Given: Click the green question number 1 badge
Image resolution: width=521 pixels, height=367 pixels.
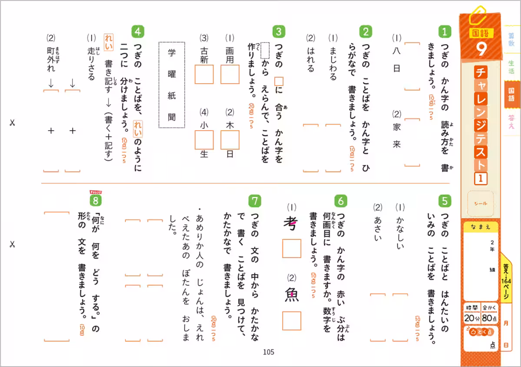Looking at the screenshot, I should tap(445, 31).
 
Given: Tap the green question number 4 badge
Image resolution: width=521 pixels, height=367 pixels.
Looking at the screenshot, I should tap(138, 31).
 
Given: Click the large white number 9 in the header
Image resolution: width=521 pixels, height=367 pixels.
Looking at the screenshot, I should tap(481, 49).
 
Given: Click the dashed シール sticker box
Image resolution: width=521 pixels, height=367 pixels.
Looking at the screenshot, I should tap(481, 203).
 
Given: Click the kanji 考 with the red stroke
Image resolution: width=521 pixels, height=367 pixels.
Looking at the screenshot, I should tap(290, 225).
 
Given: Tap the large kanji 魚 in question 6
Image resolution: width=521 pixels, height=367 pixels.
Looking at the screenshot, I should tap(291, 295).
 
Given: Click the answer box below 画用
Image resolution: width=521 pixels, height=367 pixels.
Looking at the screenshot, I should tap(230, 74).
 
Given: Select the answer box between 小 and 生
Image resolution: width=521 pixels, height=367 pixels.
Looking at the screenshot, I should tap(204, 139).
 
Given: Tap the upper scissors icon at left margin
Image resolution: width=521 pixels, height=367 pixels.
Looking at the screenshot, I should tap(12, 123).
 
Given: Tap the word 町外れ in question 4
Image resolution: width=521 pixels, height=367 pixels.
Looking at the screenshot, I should tap(51, 59).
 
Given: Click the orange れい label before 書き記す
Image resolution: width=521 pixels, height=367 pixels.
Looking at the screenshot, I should tap(108, 43).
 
